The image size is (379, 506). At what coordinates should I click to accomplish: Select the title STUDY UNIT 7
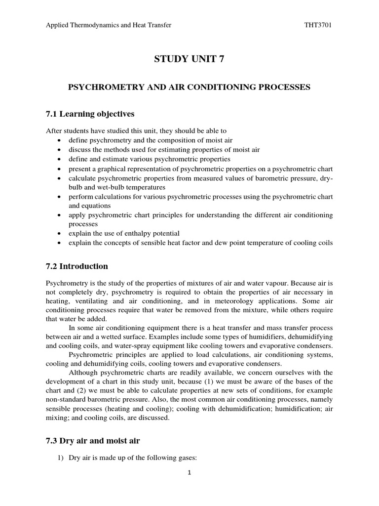click(x=189, y=60)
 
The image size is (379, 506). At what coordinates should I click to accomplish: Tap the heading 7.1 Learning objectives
click(x=90, y=114)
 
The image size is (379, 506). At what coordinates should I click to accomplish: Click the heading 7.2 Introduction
click(x=76, y=266)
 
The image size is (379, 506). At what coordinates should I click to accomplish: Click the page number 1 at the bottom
click(x=189, y=472)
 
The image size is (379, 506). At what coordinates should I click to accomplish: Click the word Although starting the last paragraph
click(x=84, y=372)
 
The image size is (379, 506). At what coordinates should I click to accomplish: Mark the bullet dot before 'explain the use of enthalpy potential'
click(x=59, y=233)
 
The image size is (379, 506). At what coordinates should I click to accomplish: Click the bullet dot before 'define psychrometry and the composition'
click(x=59, y=140)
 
